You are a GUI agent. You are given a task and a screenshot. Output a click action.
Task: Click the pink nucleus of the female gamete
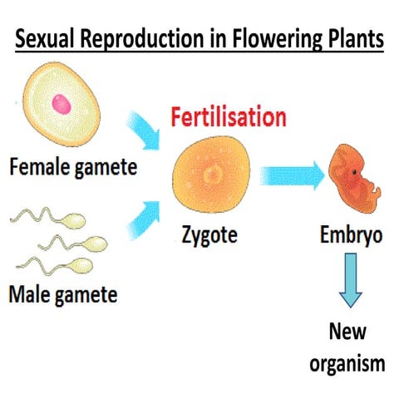click(x=59, y=104)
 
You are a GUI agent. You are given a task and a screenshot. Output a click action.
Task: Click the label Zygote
click(x=209, y=235)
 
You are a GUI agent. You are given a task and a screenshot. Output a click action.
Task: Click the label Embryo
click(x=351, y=235)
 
